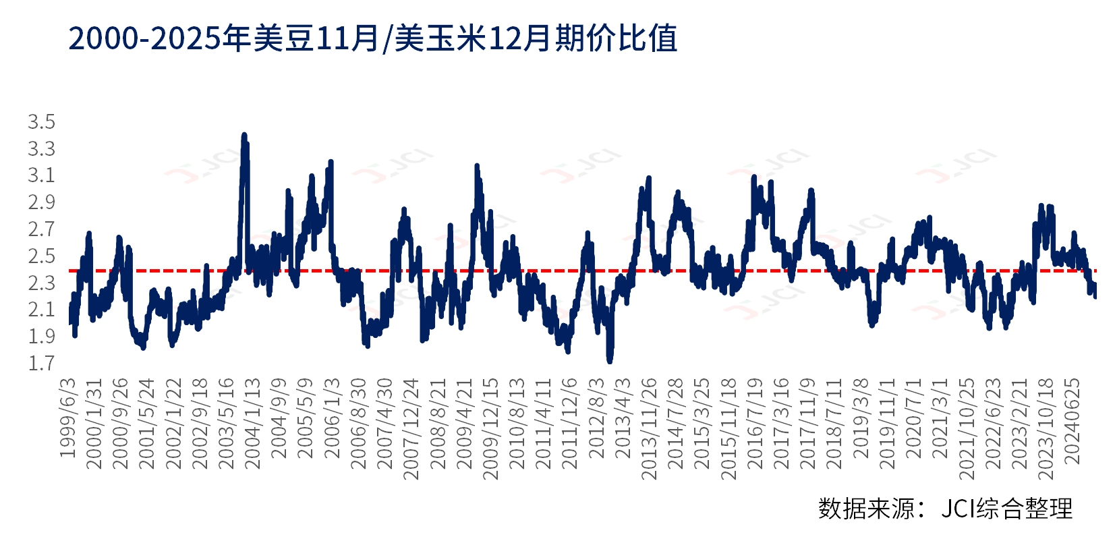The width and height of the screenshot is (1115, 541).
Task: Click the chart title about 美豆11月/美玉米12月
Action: [x=373, y=38]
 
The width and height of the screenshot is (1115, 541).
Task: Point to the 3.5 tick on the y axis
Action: [x=41, y=122]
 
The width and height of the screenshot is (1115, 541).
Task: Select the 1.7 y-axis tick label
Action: [x=41, y=364]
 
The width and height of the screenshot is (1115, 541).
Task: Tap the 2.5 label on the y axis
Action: [x=41, y=256]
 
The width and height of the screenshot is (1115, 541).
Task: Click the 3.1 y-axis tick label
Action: [x=41, y=175]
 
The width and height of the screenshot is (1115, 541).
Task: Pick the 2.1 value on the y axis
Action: [x=41, y=310]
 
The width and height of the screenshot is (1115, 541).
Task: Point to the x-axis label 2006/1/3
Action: [x=333, y=418]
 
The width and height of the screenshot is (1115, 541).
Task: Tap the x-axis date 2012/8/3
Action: [x=597, y=418]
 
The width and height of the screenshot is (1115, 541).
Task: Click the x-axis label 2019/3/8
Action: [x=861, y=418]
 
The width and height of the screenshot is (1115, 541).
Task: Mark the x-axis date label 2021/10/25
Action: [x=967, y=429]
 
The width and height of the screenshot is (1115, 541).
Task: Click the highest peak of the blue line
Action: [x=244, y=136]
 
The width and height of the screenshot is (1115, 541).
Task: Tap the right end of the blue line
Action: [x=1094, y=294]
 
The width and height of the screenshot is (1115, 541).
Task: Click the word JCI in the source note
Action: [x=957, y=508]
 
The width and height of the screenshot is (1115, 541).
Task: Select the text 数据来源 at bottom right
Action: [x=867, y=508]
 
